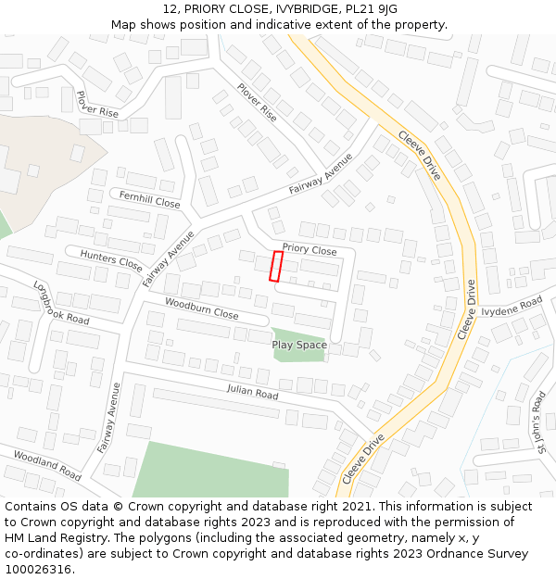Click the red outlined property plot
(276, 266)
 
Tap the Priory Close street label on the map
(310, 250)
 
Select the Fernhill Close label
(149, 199)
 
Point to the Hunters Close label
(111, 260)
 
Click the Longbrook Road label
(60, 303)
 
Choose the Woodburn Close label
(201, 308)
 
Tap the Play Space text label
(299, 345)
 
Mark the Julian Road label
(252, 393)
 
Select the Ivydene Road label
(512, 307)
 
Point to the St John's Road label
(539, 422)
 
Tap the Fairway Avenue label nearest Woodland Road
(108, 418)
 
